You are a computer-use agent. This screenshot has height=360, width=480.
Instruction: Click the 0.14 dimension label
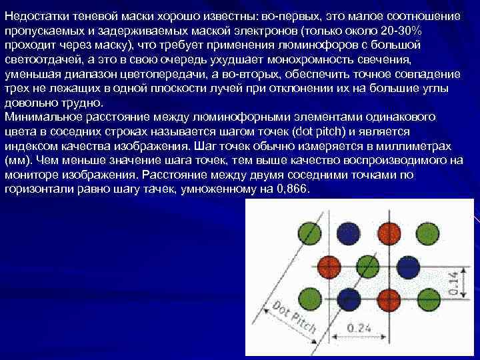pyautogui.click(x=453, y=282)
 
